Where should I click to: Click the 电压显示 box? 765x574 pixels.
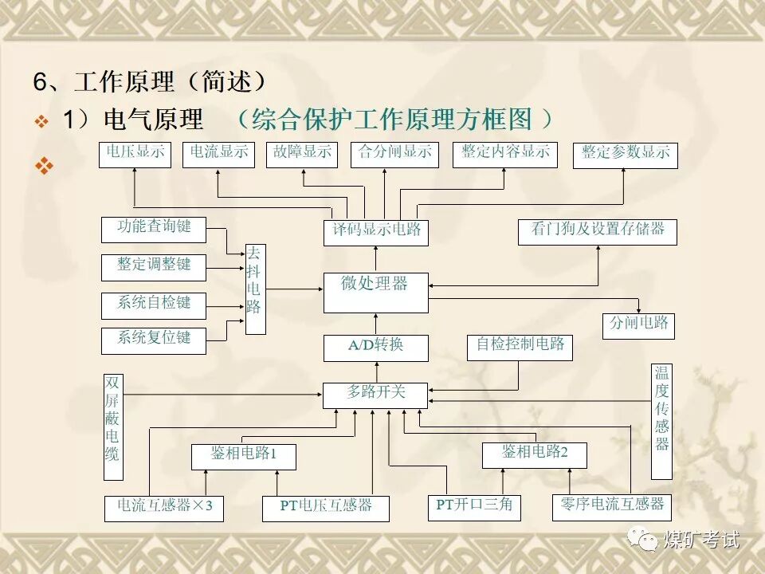coord(135,155)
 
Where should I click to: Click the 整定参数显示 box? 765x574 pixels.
coord(625,155)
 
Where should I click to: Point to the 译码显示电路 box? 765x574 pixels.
coord(375,232)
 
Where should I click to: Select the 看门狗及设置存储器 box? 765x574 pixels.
coord(598,232)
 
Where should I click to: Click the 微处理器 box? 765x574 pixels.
coord(375,293)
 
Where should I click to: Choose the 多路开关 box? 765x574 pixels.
coord(375,395)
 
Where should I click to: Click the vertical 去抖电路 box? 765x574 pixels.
coord(255,289)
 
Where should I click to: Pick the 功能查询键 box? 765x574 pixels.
coord(154,230)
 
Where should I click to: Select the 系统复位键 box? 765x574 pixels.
coord(154,340)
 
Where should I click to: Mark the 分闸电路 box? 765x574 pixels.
coord(638,326)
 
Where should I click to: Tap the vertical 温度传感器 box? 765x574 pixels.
coord(661,421)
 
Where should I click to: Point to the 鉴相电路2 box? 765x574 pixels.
coord(535,455)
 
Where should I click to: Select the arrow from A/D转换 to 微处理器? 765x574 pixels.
coord(375,324)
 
